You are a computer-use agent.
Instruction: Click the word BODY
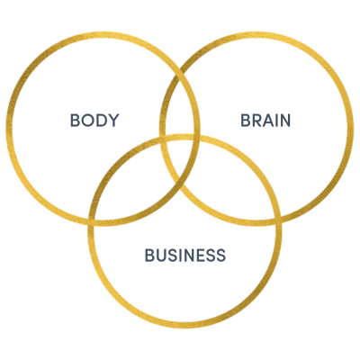(x=94, y=120)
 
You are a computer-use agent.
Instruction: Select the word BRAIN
(x=265, y=120)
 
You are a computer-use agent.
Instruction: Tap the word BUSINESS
(x=185, y=255)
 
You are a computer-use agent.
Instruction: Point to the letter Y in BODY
(x=113, y=120)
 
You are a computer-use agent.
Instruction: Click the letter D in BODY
(x=101, y=120)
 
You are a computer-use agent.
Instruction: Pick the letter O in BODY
(x=88, y=120)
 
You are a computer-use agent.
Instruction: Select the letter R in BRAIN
(x=257, y=120)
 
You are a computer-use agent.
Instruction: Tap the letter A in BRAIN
(x=269, y=120)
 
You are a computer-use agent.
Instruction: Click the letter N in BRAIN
(x=285, y=120)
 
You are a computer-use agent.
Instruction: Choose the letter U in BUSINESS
(x=162, y=255)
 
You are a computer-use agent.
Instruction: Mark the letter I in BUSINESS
(x=179, y=255)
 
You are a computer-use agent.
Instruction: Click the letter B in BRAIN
(x=246, y=120)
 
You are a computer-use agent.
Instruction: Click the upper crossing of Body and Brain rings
(x=180, y=71)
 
